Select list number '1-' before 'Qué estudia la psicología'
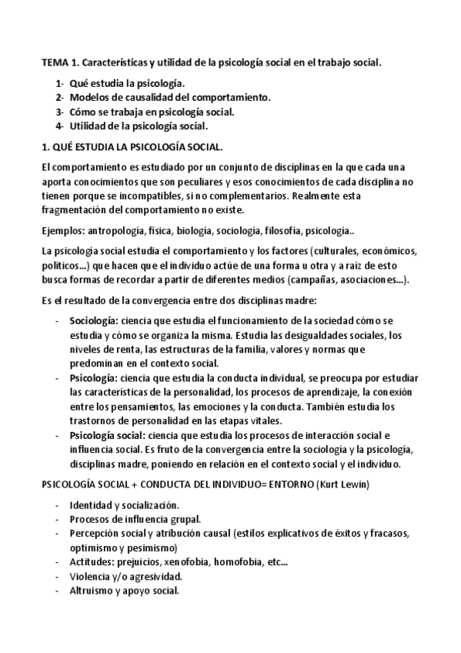click(59, 82)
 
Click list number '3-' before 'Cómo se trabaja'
click(59, 112)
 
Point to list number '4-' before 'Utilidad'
click(59, 126)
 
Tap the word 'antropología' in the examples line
click(118, 230)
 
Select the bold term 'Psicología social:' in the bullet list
click(111, 436)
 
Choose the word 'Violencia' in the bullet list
click(91, 577)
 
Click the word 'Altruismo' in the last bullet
click(92, 591)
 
